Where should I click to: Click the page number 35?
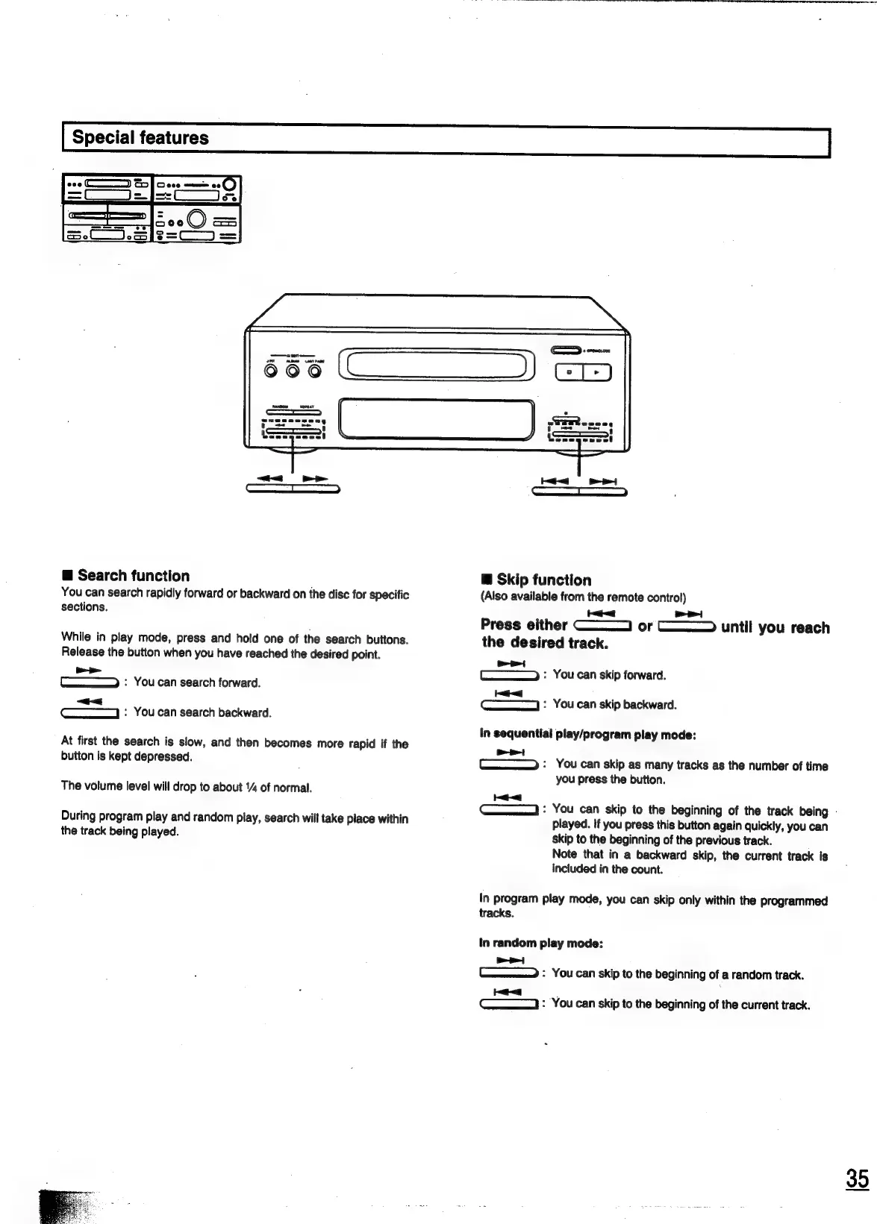pyautogui.click(x=858, y=1179)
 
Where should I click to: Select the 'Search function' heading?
pyautogui.click(x=133, y=576)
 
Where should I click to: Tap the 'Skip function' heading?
pyautogui.click(x=543, y=580)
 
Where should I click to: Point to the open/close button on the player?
pyautogui.click(x=566, y=350)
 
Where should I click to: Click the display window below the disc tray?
pyautogui.click(x=437, y=419)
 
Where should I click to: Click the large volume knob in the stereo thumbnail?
pyautogui.click(x=197, y=218)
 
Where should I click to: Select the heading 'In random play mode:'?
pyautogui.click(x=540, y=944)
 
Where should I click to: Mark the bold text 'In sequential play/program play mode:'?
pyautogui.click(x=588, y=735)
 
